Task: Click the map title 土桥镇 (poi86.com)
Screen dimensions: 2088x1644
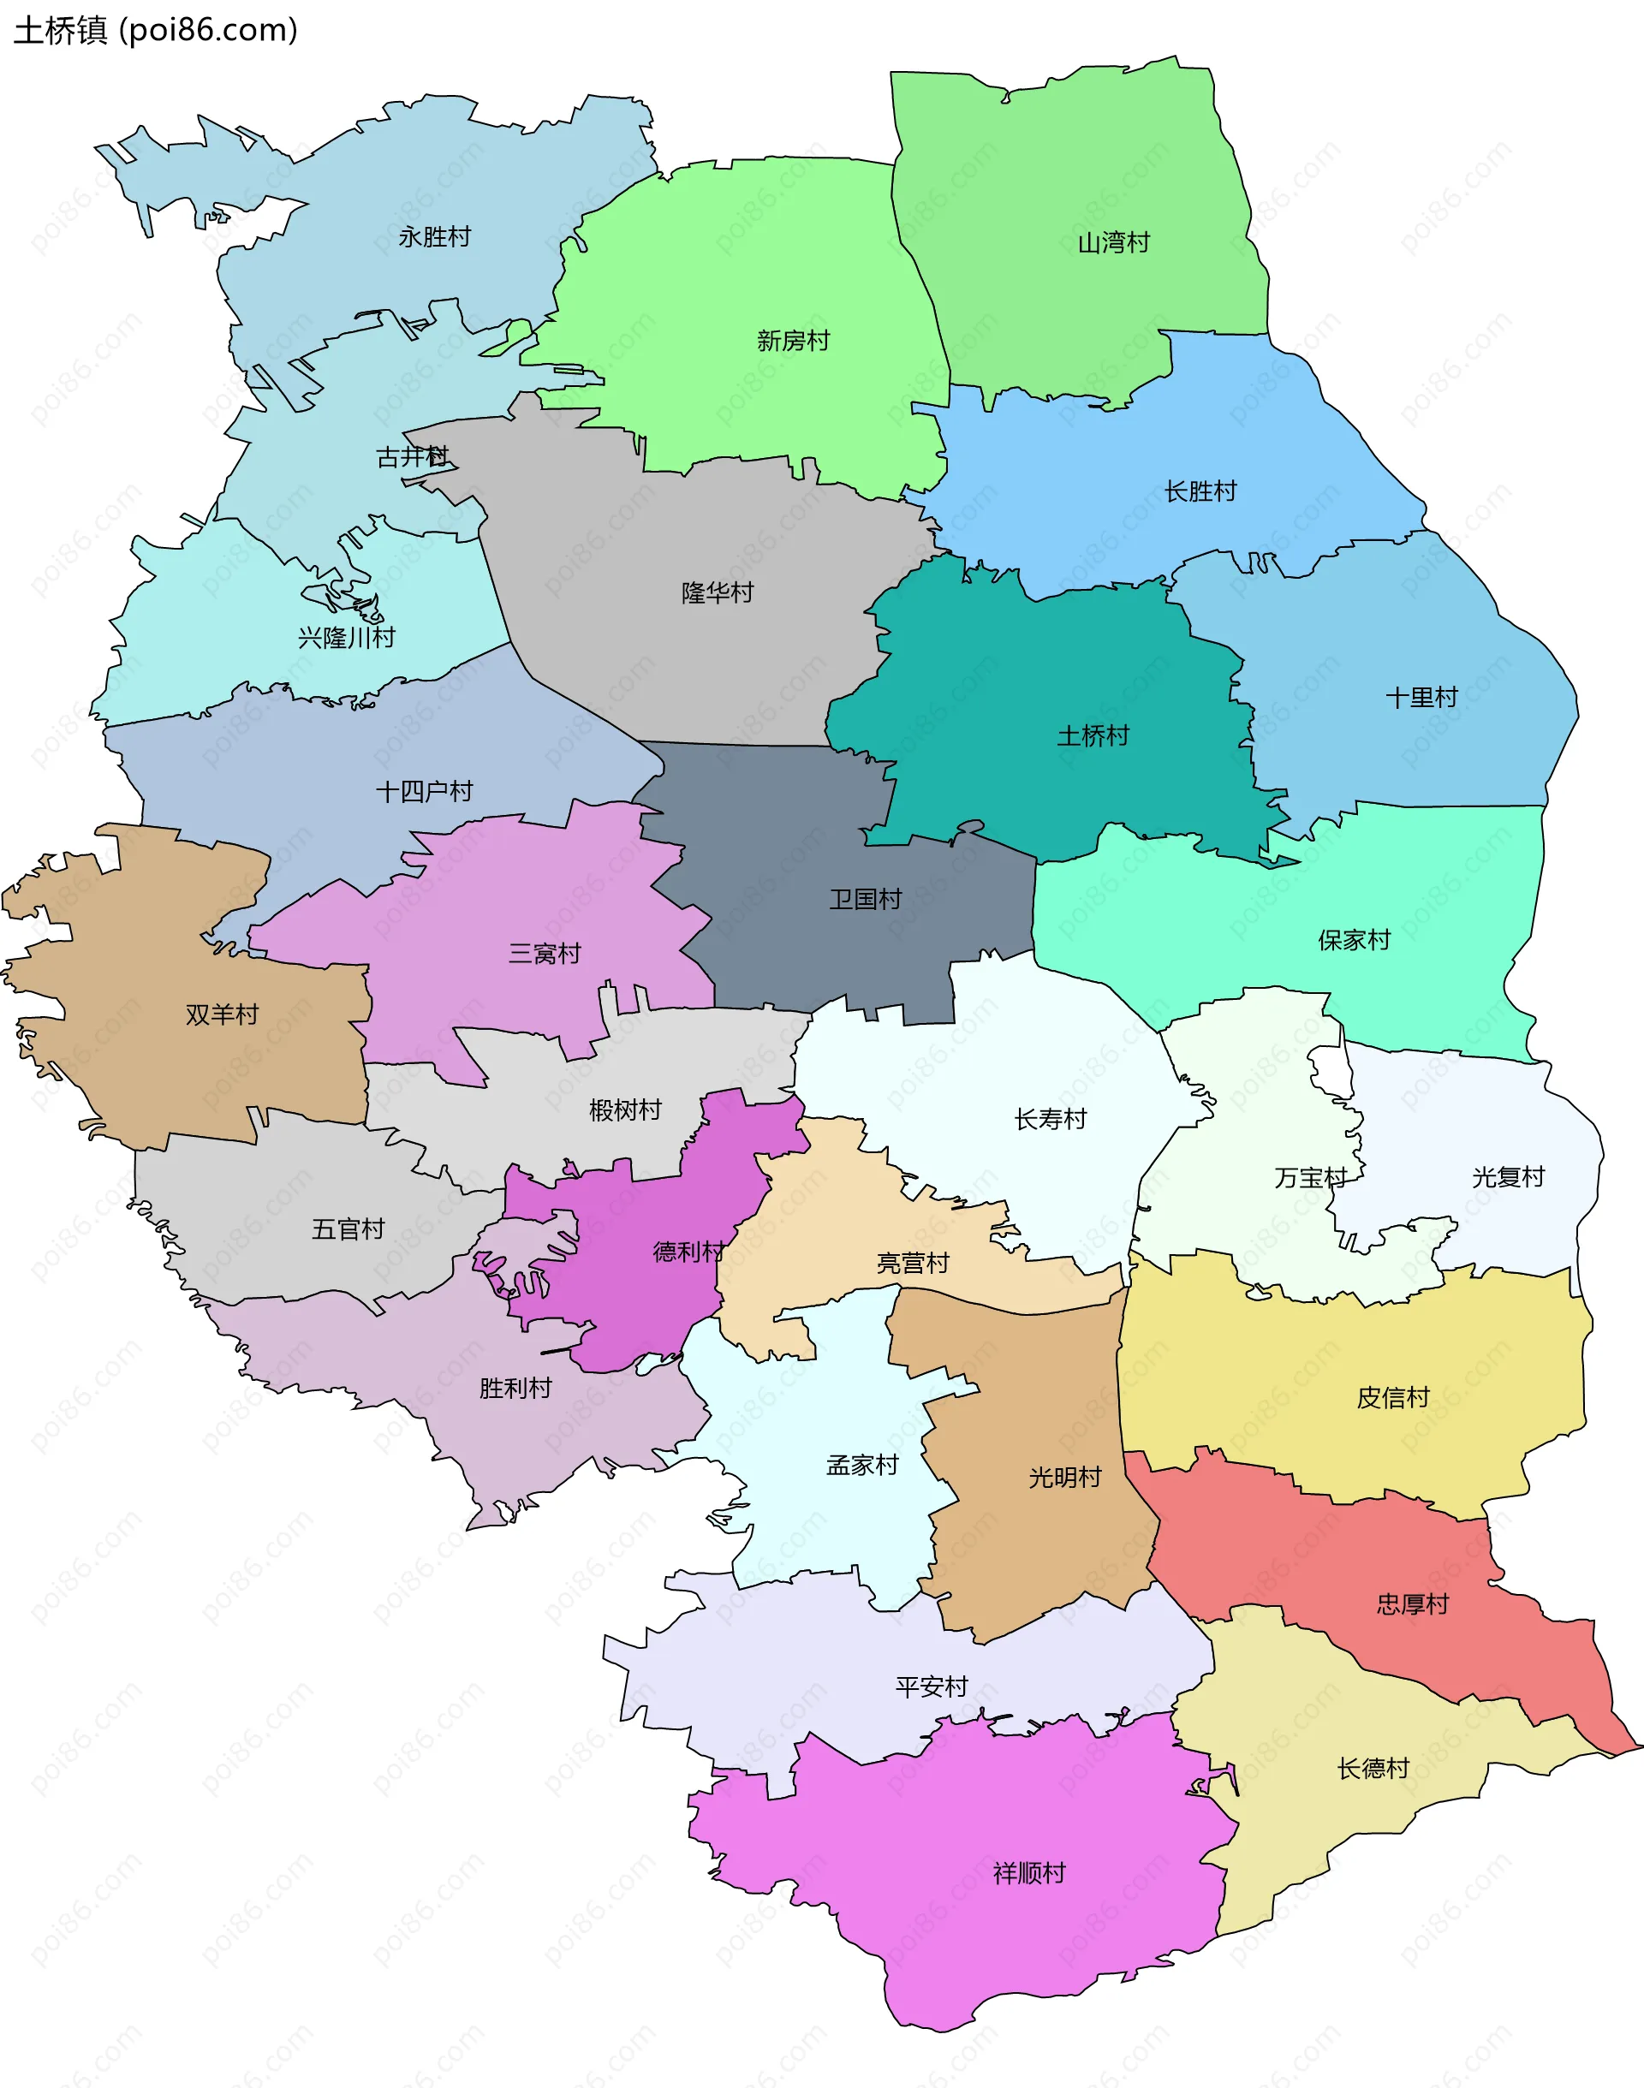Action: click(x=155, y=30)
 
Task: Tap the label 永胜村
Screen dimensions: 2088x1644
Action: click(x=434, y=236)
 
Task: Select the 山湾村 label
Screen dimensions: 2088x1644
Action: click(x=1114, y=242)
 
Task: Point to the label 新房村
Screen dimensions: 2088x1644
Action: click(x=792, y=341)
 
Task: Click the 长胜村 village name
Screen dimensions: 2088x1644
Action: click(x=1200, y=491)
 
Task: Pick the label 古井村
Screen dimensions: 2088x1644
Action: click(x=412, y=456)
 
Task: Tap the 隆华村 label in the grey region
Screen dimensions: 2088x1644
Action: click(x=717, y=592)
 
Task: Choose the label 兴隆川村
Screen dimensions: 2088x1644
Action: click(x=347, y=637)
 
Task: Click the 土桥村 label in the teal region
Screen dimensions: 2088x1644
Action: click(x=1093, y=736)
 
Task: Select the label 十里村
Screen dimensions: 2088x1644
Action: click(x=1421, y=698)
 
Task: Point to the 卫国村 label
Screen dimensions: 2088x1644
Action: click(x=866, y=899)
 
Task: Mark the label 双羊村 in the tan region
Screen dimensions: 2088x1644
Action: click(x=223, y=1014)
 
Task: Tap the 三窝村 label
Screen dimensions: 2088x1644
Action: click(x=545, y=953)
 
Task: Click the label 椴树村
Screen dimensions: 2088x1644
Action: click(x=625, y=1109)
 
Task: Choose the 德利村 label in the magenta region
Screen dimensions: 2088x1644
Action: click(x=688, y=1251)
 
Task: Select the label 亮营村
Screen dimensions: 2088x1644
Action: click(x=913, y=1263)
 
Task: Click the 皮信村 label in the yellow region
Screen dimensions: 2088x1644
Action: click(x=1393, y=1397)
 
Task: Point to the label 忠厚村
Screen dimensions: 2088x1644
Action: click(x=1412, y=1604)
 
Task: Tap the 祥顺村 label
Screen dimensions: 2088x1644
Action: click(x=1029, y=1872)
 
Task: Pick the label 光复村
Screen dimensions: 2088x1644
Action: click(x=1507, y=1177)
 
